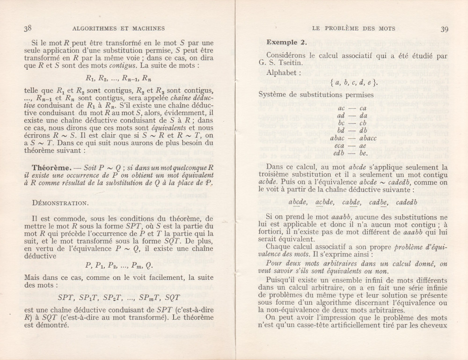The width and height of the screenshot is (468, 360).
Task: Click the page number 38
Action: (28, 28)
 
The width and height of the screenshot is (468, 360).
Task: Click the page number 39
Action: (445, 29)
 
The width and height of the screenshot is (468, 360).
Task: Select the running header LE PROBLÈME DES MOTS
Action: (353, 29)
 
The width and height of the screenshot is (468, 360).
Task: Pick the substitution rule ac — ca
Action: (354, 108)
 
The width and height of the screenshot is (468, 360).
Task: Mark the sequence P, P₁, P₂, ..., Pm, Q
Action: (120, 265)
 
